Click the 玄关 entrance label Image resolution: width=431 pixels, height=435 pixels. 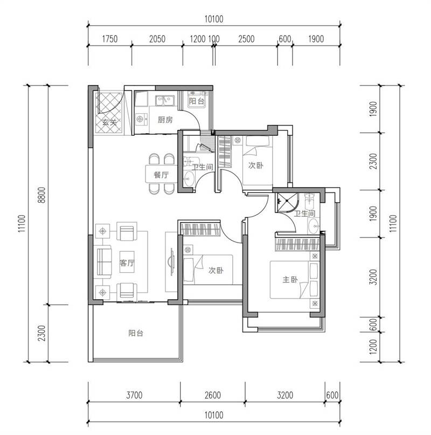(x=109, y=122)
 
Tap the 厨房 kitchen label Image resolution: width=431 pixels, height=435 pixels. (x=165, y=120)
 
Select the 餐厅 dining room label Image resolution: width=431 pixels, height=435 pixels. (x=161, y=175)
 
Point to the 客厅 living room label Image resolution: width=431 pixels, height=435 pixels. (x=127, y=263)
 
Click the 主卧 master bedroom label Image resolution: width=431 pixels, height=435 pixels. (x=290, y=279)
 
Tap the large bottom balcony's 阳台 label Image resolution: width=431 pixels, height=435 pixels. (x=136, y=333)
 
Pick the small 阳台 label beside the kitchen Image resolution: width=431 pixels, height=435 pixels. (x=197, y=101)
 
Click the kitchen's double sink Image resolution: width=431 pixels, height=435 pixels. (x=165, y=100)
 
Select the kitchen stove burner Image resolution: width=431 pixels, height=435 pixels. (x=140, y=119)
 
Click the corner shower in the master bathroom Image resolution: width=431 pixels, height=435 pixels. (x=287, y=203)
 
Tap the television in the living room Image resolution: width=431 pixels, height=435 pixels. (x=171, y=262)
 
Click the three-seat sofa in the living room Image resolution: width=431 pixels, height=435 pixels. (x=103, y=262)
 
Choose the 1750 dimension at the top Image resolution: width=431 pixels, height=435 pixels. (x=110, y=39)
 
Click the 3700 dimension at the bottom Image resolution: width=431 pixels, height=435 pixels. (x=134, y=395)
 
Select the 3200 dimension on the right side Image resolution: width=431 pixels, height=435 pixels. (x=373, y=277)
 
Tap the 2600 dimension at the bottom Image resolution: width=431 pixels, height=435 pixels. (x=213, y=395)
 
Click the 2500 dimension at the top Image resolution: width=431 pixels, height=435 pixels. (x=246, y=39)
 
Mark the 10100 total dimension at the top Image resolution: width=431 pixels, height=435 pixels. (x=214, y=19)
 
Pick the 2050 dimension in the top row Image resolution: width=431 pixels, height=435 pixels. (x=157, y=39)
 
